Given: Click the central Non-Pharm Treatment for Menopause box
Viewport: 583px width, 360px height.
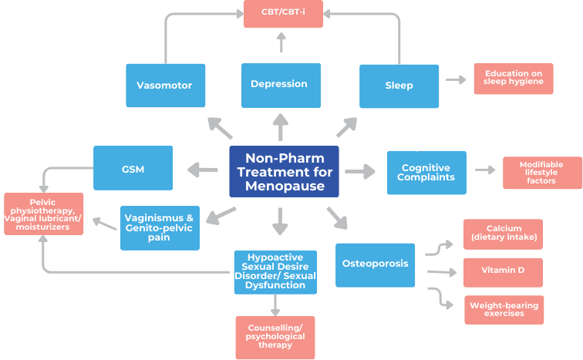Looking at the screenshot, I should tap(284, 172).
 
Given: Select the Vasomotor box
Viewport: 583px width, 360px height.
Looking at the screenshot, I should tap(165, 85).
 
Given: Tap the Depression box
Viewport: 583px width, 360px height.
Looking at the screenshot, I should tap(280, 84).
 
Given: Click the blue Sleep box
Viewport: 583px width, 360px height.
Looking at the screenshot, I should tap(399, 86).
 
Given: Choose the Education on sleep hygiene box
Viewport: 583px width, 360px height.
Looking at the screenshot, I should tap(513, 79).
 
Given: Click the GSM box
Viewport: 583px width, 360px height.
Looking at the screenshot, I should tap(133, 168).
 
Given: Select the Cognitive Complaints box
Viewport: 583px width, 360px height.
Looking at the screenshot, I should tap(426, 173).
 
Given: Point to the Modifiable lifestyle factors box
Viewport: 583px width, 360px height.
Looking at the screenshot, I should tap(541, 173).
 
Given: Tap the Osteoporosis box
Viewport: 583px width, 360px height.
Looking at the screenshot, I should tap(375, 264).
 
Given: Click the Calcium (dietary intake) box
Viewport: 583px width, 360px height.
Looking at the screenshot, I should tap(503, 234).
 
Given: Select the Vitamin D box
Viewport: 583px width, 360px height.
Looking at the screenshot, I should tap(503, 272).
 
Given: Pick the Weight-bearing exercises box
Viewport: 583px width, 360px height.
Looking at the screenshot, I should tap(503, 310).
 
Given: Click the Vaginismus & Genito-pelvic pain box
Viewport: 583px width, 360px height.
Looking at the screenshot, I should tap(160, 227).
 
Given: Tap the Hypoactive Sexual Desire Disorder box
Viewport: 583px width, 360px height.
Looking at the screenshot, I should tap(275, 271).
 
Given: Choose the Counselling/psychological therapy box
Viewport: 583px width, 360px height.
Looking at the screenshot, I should tap(275, 338).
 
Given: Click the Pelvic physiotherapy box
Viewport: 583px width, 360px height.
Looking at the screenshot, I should tap(43, 214).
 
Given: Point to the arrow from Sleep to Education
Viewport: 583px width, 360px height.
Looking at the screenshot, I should tap(456, 79).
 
